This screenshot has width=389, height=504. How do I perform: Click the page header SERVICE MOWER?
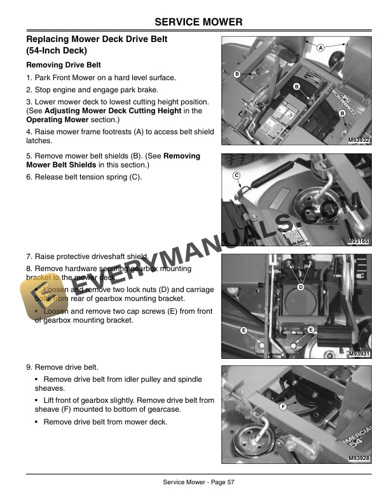pos(199,22)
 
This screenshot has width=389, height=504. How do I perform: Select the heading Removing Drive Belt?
pos(63,65)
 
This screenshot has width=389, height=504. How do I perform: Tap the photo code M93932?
pos(359,141)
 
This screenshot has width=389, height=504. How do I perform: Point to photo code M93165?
pos(359,242)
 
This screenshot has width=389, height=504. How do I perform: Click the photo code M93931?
pos(359,353)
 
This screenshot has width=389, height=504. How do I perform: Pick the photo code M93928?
pos(359,458)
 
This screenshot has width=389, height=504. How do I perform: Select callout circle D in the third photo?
pos(301,288)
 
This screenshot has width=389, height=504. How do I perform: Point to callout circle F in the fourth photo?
pos(282,405)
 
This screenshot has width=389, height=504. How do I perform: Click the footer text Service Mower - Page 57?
pos(199,482)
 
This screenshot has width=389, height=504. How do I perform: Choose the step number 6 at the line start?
pos(29,177)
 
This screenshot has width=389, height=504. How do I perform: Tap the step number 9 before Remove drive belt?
pos(29,367)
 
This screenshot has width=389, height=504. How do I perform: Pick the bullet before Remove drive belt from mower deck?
pos(36,422)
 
